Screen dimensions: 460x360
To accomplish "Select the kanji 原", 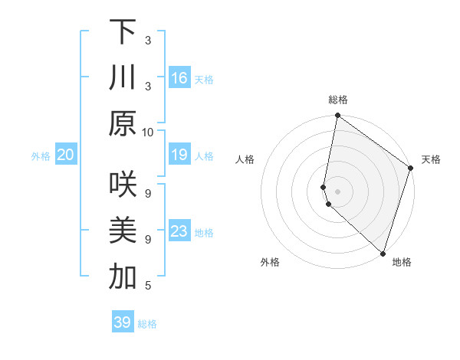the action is (123, 123).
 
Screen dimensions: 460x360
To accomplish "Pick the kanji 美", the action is (123, 231).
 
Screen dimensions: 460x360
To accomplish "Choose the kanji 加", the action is (123, 277).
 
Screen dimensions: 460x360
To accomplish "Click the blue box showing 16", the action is (179, 77).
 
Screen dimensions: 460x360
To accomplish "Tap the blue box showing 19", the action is (179, 155).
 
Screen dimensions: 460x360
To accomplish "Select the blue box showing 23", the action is (179, 231).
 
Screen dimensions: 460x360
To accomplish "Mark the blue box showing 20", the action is (66, 155).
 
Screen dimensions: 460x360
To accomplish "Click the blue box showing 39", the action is (123, 322).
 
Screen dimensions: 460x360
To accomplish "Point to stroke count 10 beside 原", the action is (148, 132).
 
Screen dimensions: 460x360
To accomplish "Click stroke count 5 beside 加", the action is (148, 286).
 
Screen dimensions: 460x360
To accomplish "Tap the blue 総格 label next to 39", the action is (147, 324).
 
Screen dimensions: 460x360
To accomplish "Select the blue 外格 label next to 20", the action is (41, 156).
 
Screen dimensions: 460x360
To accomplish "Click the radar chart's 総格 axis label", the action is (337, 100).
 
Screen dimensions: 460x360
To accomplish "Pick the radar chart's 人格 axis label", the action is (245, 159).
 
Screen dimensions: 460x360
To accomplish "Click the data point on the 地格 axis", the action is (383, 253).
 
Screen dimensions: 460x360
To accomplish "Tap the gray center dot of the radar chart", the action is (337, 191).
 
